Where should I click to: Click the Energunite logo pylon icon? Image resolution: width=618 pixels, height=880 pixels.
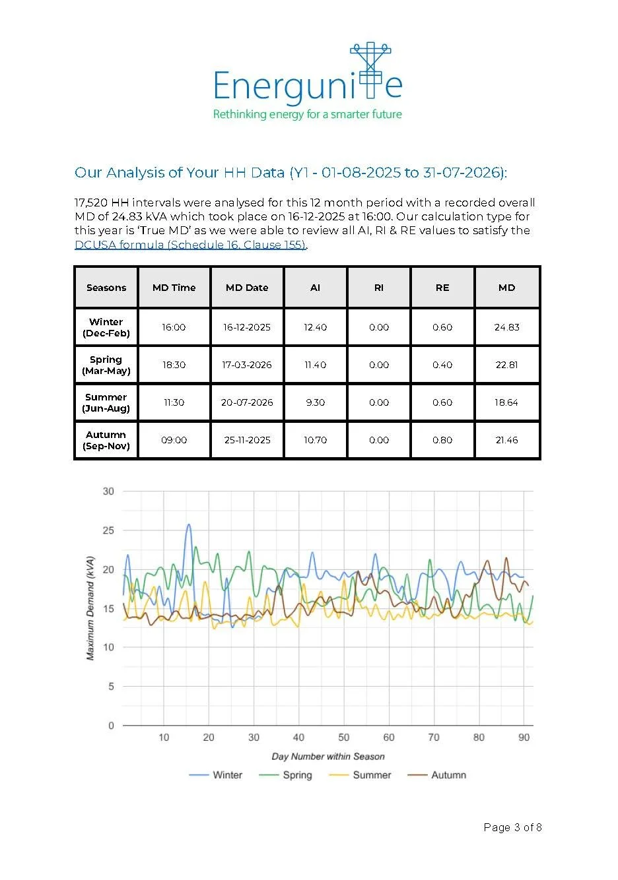click(x=370, y=70)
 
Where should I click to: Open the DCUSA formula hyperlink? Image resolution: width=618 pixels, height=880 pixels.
click(x=190, y=245)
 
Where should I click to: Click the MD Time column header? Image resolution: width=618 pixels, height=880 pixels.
click(x=174, y=288)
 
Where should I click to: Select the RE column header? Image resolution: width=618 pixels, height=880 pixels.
click(x=442, y=288)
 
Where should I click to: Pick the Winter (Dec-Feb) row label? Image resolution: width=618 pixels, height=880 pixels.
click(x=106, y=327)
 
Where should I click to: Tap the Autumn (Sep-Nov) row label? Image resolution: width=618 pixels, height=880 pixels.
click(x=106, y=440)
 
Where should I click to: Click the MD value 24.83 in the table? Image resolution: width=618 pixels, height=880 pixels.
click(x=506, y=327)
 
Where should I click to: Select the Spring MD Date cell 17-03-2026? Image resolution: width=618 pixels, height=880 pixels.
click(x=247, y=365)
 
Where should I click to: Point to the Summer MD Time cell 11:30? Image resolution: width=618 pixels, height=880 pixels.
click(x=174, y=402)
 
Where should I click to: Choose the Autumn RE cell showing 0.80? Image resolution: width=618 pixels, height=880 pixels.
click(x=442, y=440)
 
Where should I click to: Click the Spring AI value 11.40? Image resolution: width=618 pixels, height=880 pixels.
click(x=316, y=365)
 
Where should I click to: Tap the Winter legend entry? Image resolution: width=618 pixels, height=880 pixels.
click(x=215, y=775)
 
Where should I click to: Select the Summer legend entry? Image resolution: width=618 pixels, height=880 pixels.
click(x=360, y=775)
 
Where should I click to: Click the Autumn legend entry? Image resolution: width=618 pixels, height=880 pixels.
click(x=437, y=775)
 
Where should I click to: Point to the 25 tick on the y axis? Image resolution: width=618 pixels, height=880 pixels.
click(x=108, y=530)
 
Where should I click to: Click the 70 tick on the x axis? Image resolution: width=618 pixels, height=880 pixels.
click(x=434, y=738)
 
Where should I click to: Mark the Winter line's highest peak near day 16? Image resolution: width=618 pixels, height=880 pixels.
click(x=189, y=524)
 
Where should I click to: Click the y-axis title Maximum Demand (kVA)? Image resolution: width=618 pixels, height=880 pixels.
click(x=90, y=608)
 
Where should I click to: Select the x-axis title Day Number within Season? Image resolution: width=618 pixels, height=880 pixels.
click(x=328, y=756)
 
